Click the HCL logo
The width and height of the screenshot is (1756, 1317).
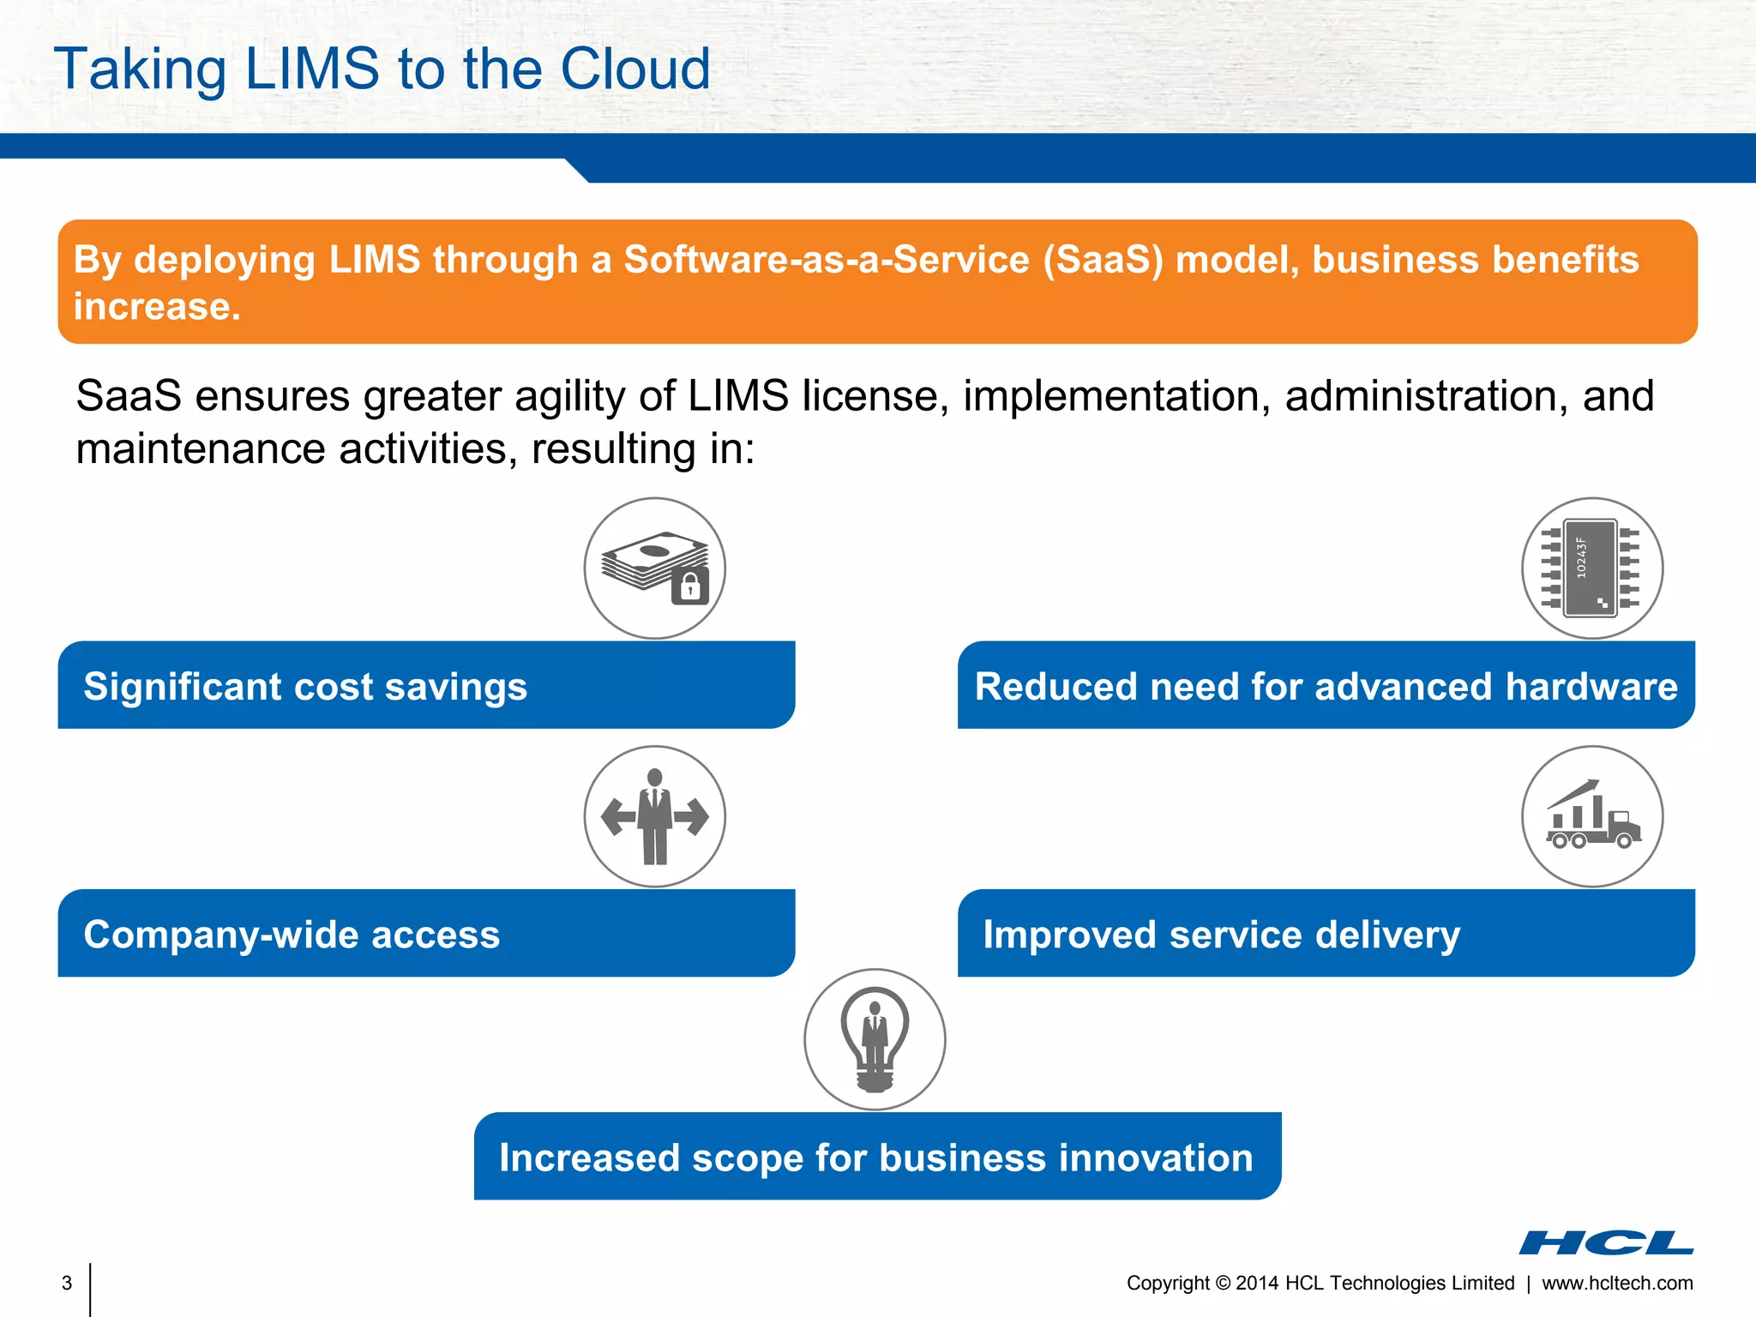coord(1606,1242)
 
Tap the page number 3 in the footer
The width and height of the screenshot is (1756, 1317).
coord(67,1283)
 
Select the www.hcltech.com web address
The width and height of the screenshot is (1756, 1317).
coord(1617,1283)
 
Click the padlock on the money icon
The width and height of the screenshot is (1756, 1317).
coord(690,586)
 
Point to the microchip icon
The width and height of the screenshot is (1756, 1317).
coord(1591,568)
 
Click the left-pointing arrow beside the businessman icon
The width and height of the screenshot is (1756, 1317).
coord(618,815)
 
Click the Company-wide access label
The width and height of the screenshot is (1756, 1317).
coord(292,935)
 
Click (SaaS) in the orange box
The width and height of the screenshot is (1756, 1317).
coord(1103,260)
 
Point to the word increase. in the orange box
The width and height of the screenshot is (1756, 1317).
coord(157,307)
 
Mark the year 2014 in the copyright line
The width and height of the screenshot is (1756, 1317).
coord(1257,1283)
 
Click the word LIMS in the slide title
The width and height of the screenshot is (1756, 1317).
coord(312,69)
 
